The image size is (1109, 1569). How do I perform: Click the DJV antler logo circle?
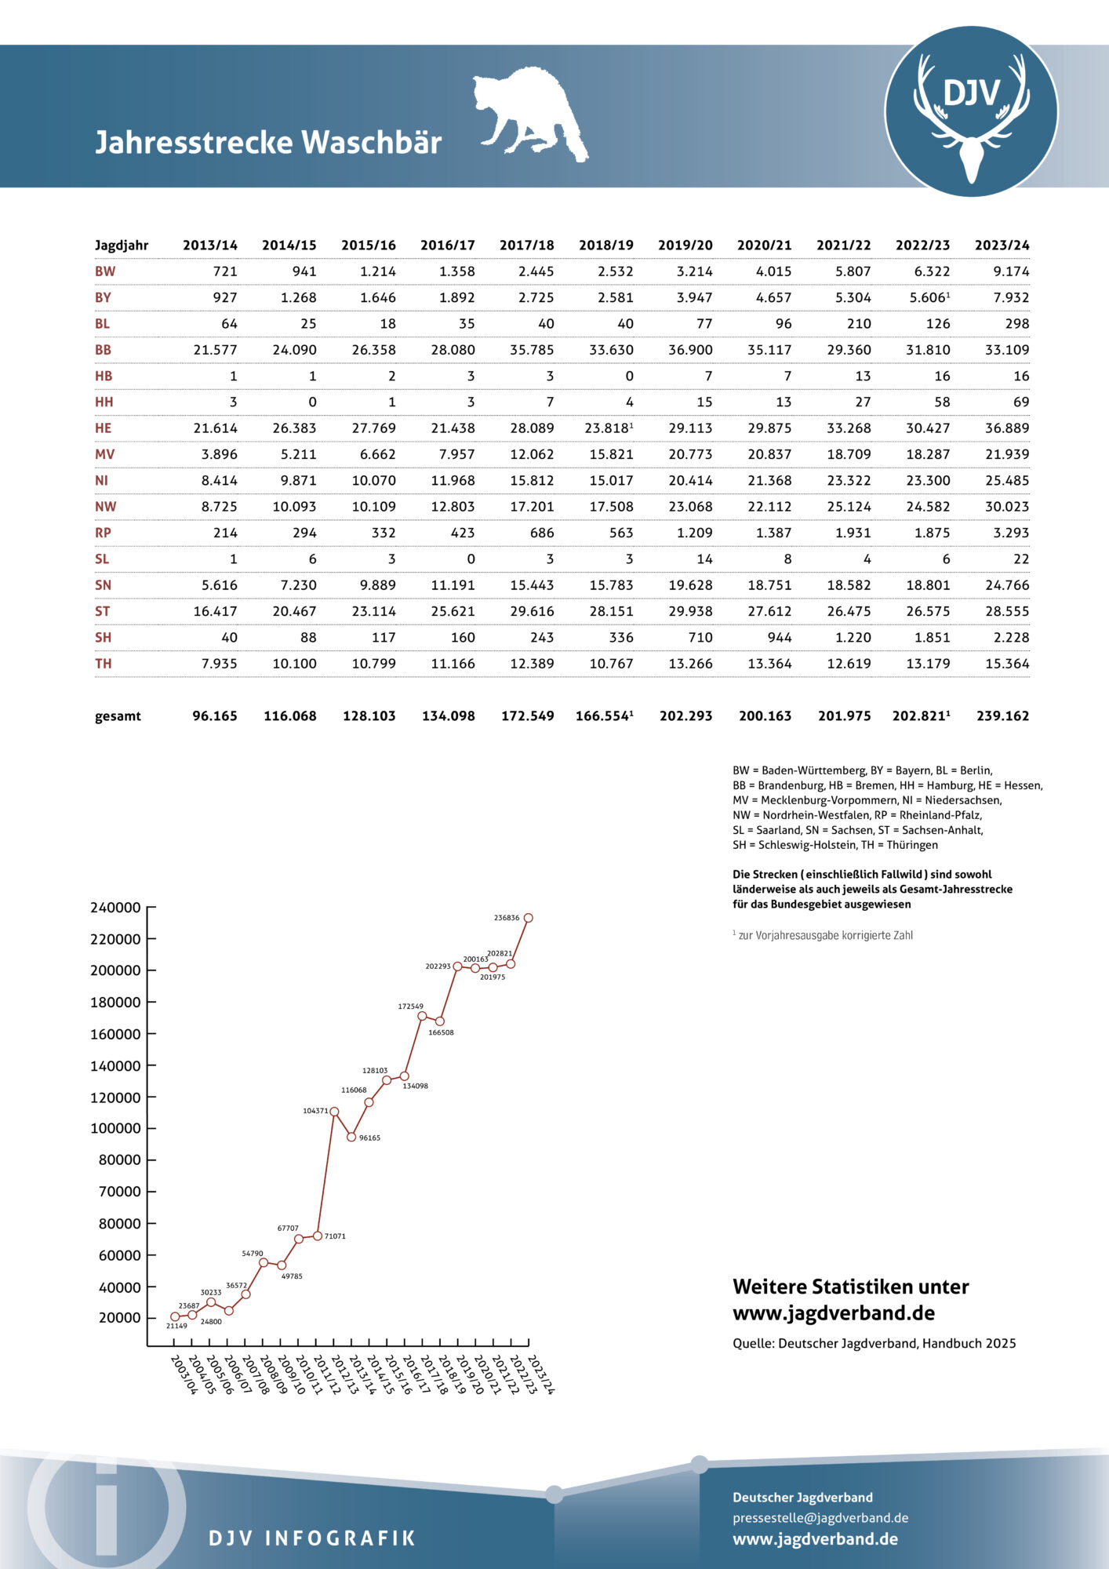click(971, 111)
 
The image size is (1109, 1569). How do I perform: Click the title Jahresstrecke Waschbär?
click(268, 143)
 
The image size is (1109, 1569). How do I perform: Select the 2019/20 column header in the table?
click(685, 246)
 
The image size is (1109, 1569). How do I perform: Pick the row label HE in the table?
click(104, 428)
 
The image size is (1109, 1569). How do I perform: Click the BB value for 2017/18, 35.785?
click(532, 350)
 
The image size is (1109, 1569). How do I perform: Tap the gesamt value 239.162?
click(1002, 716)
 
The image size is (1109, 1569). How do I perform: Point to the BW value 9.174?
click(1010, 271)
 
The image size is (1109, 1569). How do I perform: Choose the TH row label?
click(104, 664)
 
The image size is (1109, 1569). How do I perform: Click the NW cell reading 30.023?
click(1007, 507)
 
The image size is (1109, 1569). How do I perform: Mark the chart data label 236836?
click(507, 917)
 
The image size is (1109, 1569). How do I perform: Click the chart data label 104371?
click(315, 1111)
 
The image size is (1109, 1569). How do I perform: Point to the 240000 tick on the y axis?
click(115, 908)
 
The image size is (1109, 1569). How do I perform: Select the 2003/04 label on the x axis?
click(184, 1374)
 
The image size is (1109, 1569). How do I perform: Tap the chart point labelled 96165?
click(351, 1137)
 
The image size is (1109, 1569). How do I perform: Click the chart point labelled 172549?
click(422, 1016)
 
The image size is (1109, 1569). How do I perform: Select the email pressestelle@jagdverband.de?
click(820, 1518)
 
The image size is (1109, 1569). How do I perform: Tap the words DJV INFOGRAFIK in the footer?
click(312, 1538)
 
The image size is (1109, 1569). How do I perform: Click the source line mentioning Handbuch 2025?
click(874, 1344)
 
